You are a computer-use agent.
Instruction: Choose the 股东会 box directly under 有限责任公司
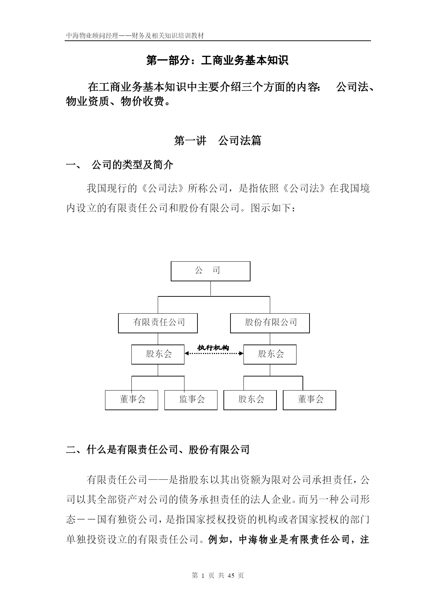[158, 354]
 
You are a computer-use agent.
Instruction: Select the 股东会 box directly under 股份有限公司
[270, 354]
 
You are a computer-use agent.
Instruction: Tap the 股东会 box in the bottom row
[250, 400]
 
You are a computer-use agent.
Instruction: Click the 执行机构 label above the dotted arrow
[213, 348]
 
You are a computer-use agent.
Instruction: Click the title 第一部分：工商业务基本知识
[217, 60]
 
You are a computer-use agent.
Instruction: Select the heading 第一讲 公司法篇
[218, 141]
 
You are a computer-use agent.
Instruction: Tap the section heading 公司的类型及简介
[132, 165]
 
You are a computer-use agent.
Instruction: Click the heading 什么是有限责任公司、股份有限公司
[168, 450]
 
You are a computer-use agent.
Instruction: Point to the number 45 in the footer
[231, 575]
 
